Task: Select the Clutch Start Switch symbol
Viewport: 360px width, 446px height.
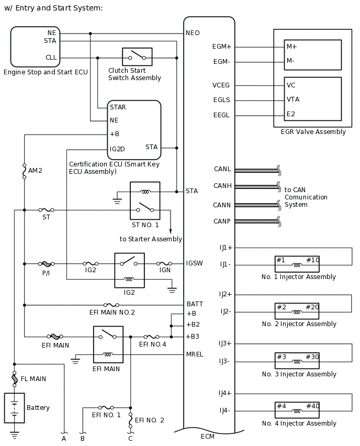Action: tap(137, 57)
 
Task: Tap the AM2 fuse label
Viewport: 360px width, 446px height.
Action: tap(35, 171)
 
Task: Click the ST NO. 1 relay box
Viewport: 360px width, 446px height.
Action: tap(145, 200)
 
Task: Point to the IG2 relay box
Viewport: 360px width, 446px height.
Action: tap(129, 270)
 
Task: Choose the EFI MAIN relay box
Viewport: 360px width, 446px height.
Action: tap(108, 344)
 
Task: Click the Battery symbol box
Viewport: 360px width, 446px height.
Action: tap(14, 408)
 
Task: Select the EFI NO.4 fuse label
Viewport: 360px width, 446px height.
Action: tap(152, 344)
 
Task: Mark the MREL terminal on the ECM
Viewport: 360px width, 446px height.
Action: tap(195, 354)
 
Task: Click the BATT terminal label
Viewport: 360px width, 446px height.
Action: tap(195, 304)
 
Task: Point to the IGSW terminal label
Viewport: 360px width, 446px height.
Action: tap(195, 263)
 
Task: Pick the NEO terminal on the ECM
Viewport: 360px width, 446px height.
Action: tap(193, 33)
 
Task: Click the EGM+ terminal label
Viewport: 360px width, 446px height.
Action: tap(222, 47)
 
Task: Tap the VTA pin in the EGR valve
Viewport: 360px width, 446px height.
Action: tap(293, 99)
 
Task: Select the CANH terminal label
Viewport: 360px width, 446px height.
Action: tap(222, 186)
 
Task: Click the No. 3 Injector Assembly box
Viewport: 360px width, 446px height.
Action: tap(297, 361)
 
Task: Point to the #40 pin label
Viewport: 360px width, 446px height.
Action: tap(312, 406)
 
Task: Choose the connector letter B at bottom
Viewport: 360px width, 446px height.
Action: tap(82, 439)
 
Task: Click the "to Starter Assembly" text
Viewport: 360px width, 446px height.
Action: tap(151, 239)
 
